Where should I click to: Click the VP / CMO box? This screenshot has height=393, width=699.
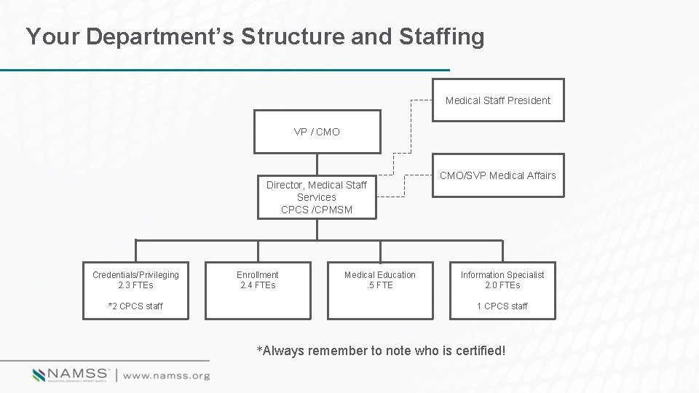[x=317, y=132]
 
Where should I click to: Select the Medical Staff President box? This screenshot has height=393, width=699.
[x=497, y=100]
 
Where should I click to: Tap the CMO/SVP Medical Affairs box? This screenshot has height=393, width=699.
[x=497, y=175]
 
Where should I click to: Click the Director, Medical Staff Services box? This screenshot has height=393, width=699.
[x=317, y=197]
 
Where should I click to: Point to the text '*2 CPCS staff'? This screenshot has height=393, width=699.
[x=135, y=306]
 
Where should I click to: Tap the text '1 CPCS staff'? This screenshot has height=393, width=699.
[x=502, y=306]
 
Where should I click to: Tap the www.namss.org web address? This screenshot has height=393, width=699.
[x=166, y=376]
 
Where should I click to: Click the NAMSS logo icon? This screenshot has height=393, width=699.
[x=39, y=376]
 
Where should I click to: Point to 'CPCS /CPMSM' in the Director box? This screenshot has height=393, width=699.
[x=317, y=210]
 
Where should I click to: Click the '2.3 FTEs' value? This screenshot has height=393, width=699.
[x=135, y=285]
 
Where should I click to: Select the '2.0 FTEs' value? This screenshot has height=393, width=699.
[x=502, y=285]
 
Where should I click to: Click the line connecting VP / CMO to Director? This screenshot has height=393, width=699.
[x=317, y=164]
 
